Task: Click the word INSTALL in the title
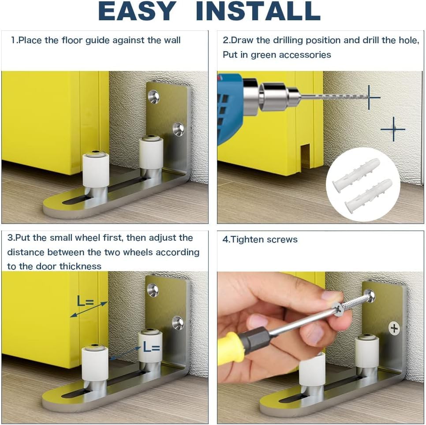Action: [258, 12]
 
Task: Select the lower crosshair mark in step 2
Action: [393, 129]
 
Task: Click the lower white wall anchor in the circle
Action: [369, 194]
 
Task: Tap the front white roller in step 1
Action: [95, 170]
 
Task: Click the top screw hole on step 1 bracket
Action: [153, 96]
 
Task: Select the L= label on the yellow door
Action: [86, 302]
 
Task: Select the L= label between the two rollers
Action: [151, 347]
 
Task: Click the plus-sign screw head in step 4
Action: [394, 328]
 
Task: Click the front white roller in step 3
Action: [94, 364]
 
